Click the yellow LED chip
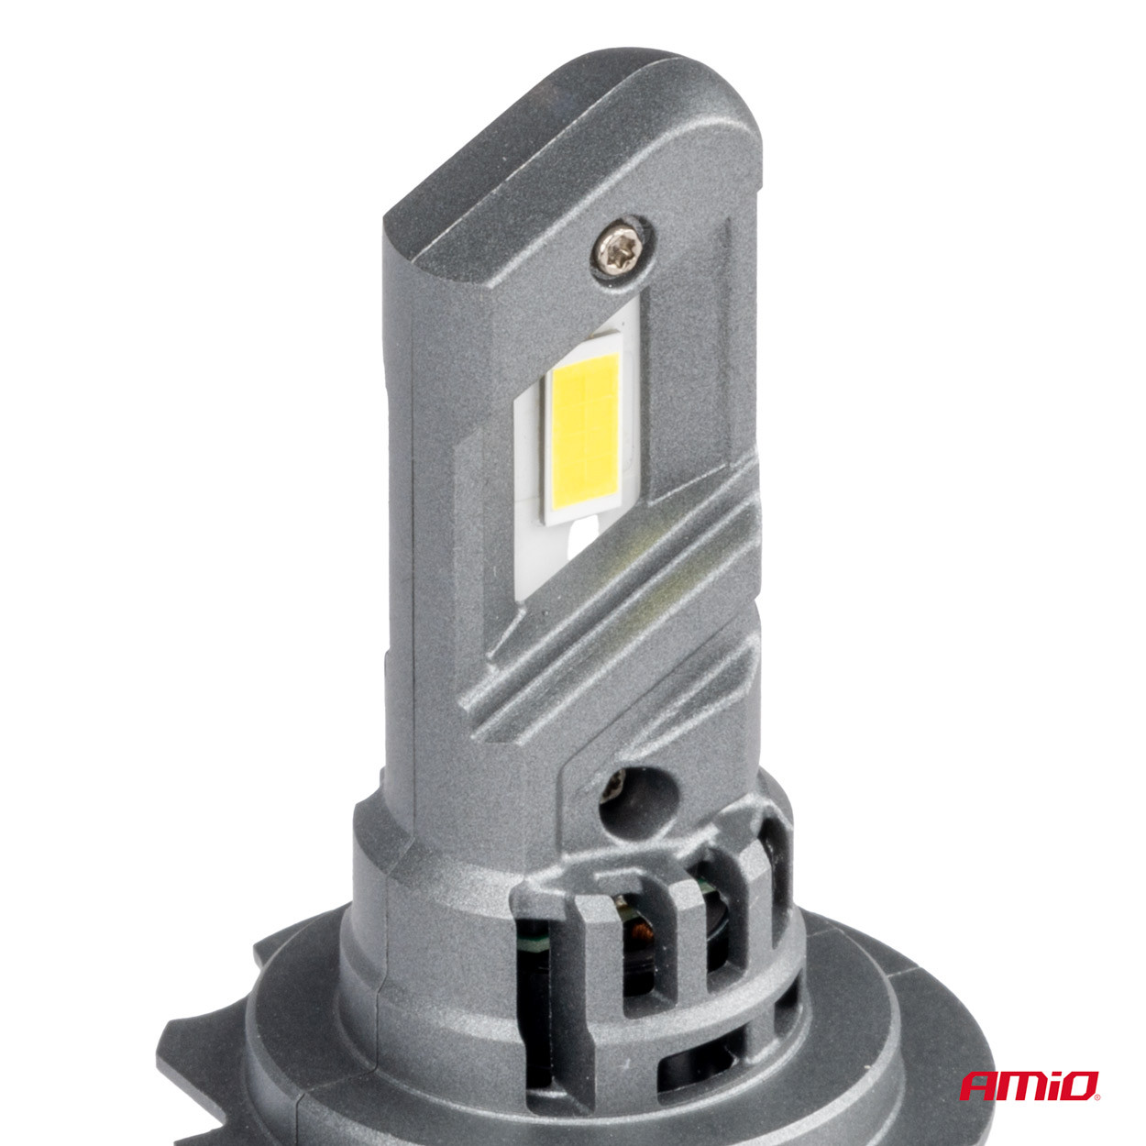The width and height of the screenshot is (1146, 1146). click(584, 438)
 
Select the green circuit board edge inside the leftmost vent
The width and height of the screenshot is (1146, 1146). click(533, 935)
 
